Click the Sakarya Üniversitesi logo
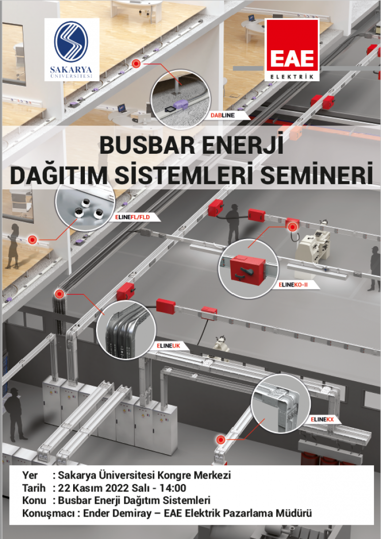point(72,49)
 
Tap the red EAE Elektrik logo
point(292,50)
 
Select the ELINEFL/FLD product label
point(134,218)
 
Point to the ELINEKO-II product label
point(294,285)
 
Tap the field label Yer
point(30,476)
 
